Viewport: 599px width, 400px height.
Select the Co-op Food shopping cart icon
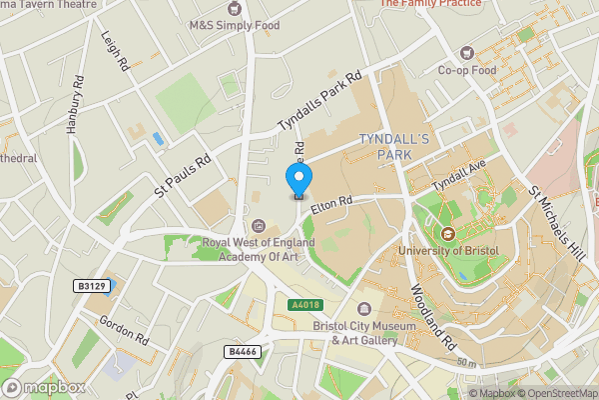(x=464, y=52)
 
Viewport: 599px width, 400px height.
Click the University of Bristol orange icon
(x=446, y=234)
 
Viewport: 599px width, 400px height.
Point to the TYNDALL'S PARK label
(x=392, y=146)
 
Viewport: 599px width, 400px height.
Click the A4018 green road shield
(x=304, y=304)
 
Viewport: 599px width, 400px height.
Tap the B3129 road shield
(x=91, y=286)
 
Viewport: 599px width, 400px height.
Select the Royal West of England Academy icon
(x=259, y=225)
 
